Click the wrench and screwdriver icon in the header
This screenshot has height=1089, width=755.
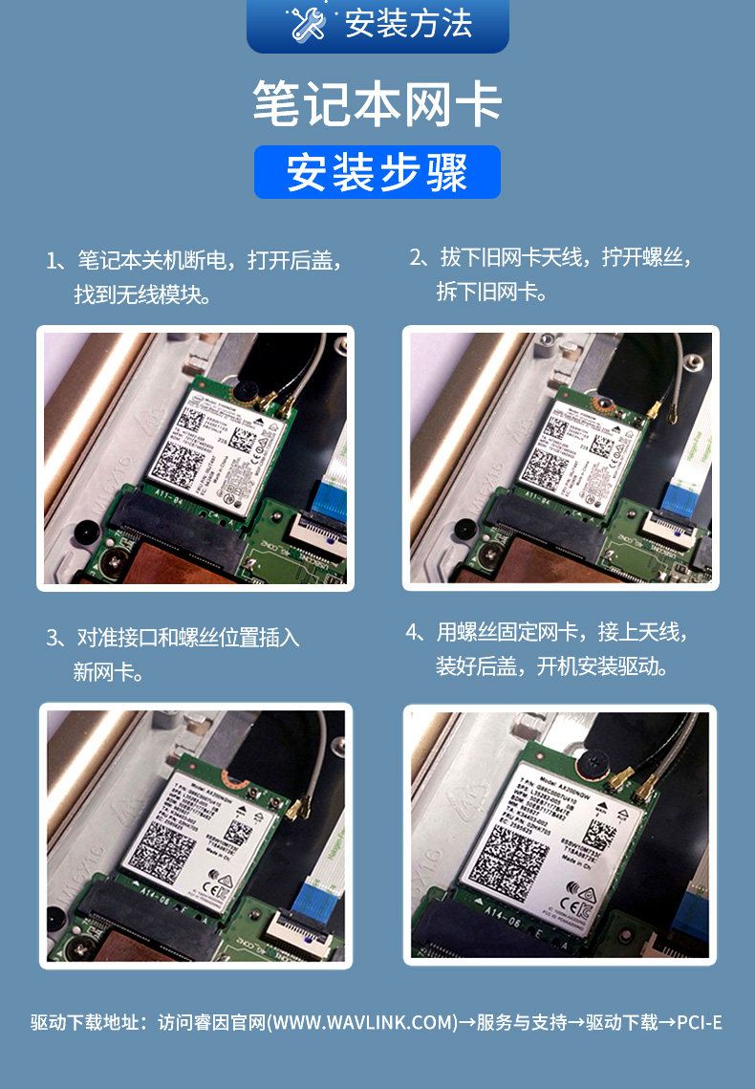pyautogui.click(x=308, y=24)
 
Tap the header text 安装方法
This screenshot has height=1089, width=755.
pyautogui.click(x=408, y=24)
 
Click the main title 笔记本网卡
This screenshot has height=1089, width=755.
pyautogui.click(x=377, y=104)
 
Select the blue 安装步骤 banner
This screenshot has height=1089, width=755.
pyautogui.click(x=377, y=172)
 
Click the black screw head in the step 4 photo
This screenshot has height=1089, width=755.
pyautogui.click(x=599, y=760)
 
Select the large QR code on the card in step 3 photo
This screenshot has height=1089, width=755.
pyautogui.click(x=163, y=847)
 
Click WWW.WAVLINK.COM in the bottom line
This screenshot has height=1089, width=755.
pyautogui.click(x=363, y=1023)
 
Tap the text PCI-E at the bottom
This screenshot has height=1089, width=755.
pyautogui.click(x=699, y=1023)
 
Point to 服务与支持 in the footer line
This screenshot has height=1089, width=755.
pyautogui.click(x=520, y=1023)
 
